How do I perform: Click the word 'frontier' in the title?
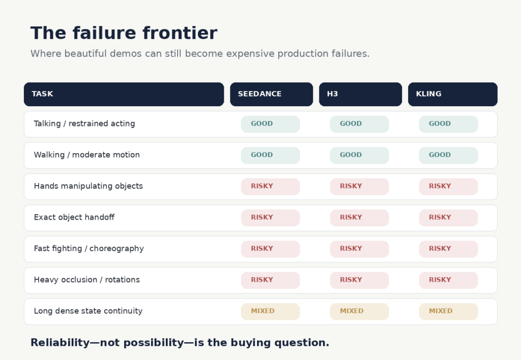click(x=180, y=33)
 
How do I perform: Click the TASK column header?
click(x=124, y=94)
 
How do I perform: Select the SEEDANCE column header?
click(x=272, y=94)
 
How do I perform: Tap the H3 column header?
click(x=361, y=94)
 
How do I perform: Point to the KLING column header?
click(x=452, y=94)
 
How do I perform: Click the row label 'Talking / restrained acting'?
click(x=84, y=124)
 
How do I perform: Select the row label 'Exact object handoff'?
click(x=74, y=217)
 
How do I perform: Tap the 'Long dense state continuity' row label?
click(x=88, y=311)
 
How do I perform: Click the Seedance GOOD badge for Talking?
click(x=271, y=124)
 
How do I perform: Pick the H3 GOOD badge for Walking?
click(x=360, y=156)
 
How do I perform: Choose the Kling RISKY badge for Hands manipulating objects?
click(x=449, y=187)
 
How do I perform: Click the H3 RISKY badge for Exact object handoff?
click(x=360, y=218)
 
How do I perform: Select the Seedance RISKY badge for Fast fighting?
click(x=271, y=249)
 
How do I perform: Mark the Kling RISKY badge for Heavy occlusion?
click(x=449, y=280)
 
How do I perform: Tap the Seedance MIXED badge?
click(x=271, y=312)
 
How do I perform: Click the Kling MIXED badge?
click(x=449, y=312)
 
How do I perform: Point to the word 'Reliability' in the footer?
click(x=60, y=343)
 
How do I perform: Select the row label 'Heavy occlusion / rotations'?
click(x=86, y=280)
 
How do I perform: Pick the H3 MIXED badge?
click(x=360, y=312)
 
